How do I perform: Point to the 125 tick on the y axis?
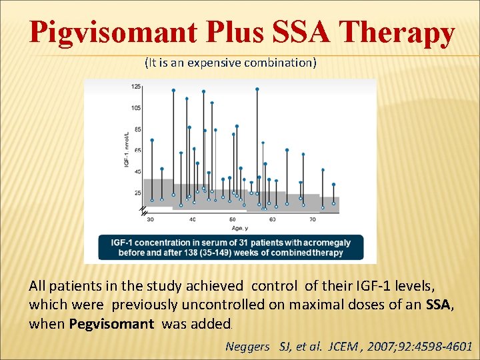pos(136,86)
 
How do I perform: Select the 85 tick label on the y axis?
pos(137,129)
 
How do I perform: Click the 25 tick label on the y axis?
pos(137,193)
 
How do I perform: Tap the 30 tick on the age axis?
pos(150,219)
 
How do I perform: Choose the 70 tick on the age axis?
pos(313,219)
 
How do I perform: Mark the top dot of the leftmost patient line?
pos(152,140)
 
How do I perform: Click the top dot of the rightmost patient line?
pos(333,185)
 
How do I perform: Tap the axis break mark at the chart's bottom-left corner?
pos(143,211)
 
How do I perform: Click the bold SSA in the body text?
pos(438,305)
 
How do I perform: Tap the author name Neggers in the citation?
pos(248,346)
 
